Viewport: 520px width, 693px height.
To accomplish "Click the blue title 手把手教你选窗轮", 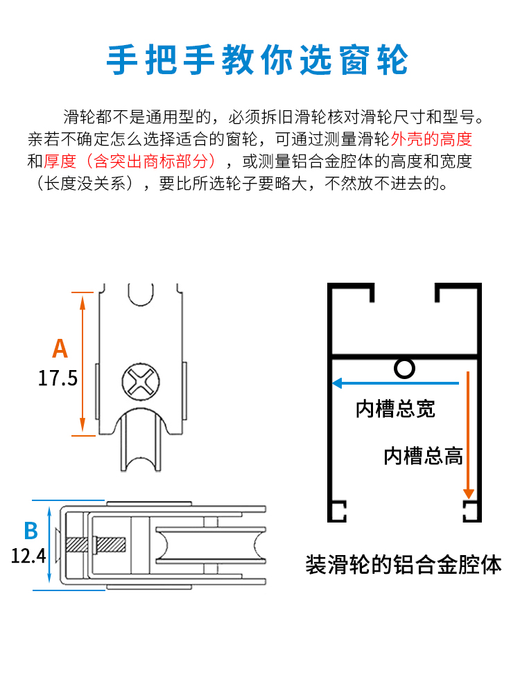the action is tap(257, 61).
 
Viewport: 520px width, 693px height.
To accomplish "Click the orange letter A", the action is tap(60, 348).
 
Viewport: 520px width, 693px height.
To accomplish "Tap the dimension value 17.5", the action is tap(58, 378).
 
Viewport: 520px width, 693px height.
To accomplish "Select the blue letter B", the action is tap(31, 531).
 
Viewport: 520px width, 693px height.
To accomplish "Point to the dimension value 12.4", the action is tap(28, 555).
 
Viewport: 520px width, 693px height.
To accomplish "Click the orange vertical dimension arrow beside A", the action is tap(83, 362).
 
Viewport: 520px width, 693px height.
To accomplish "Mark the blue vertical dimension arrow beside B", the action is tap(50, 545).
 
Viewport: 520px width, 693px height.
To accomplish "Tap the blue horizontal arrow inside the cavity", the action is tap(395, 383).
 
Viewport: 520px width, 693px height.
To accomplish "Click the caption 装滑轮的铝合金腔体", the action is tap(404, 564).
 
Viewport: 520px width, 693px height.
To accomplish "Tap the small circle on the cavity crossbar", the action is tap(404, 367).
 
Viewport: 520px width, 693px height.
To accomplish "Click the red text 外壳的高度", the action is tap(432, 139).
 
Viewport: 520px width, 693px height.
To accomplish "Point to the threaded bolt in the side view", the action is tap(104, 544).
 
